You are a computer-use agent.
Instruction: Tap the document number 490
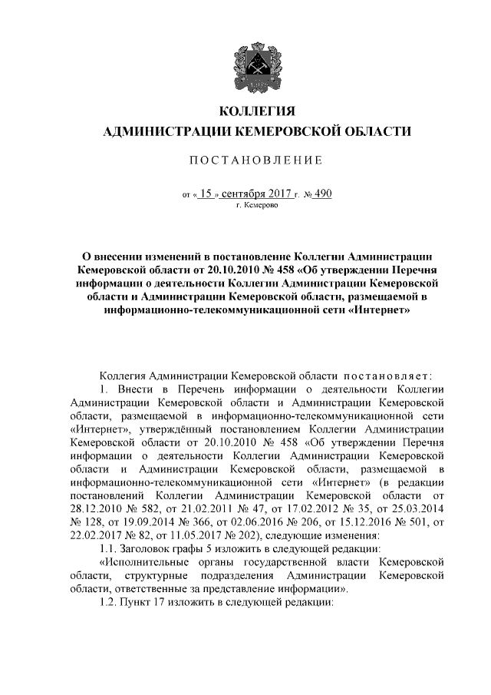tap(322, 194)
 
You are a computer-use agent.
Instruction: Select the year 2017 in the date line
tap(286, 194)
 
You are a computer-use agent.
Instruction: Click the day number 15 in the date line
tap(205, 194)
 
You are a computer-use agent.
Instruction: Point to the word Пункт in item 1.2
tap(137, 603)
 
